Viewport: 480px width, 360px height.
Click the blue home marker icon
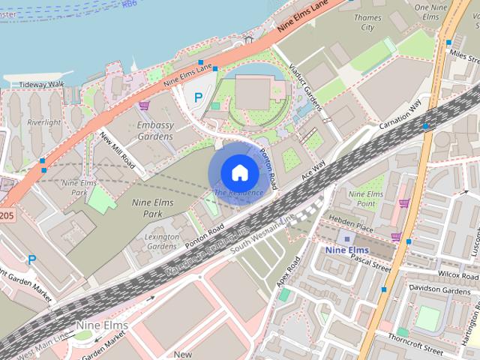click(239, 173)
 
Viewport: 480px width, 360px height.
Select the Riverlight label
click(44, 122)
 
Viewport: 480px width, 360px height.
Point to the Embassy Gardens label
click(155, 130)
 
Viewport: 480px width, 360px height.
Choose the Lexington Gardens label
click(162, 241)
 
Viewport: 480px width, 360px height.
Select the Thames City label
click(367, 22)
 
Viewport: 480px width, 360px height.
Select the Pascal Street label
click(371, 262)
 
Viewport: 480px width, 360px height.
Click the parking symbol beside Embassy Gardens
click(198, 97)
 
